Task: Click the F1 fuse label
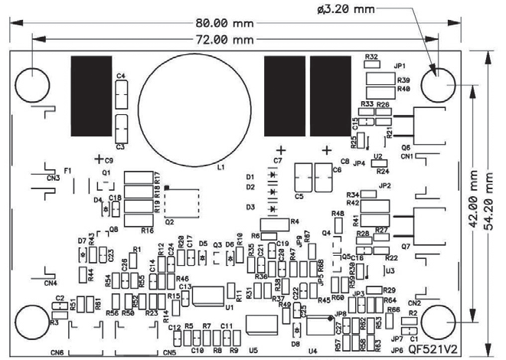pos(67,170)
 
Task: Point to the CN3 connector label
pos(52,178)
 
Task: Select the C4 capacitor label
pos(121,76)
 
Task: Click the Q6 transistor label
pos(405,147)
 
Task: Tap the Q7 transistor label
pos(405,246)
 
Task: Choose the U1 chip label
pos(229,306)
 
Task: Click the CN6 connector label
pos(57,352)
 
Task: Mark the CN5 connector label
pos(168,352)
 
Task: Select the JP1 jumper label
pos(400,66)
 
